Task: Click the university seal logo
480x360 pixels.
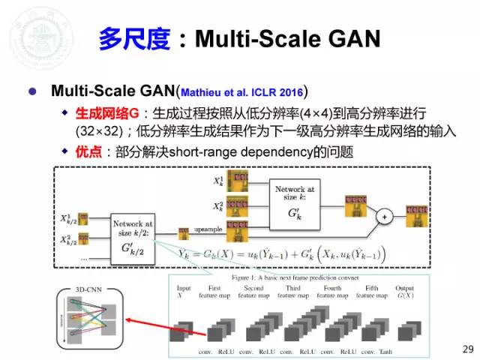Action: tap(32, 33)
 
